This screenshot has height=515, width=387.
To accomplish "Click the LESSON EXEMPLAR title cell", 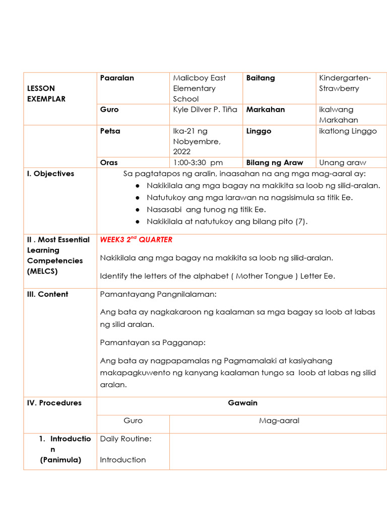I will (x=46, y=94).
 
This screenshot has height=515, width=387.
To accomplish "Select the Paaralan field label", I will (x=117, y=78).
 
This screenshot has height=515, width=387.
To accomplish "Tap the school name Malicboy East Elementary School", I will (x=199, y=89).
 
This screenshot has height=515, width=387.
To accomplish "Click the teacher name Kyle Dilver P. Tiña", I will (x=205, y=110).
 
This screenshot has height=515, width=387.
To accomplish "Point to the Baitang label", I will (x=261, y=78).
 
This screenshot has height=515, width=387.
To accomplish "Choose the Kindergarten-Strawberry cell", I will (x=345, y=83).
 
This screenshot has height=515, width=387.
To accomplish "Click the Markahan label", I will (x=266, y=110).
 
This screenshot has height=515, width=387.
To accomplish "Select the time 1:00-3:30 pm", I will (x=198, y=162).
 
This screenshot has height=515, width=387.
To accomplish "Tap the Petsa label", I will (x=110, y=131).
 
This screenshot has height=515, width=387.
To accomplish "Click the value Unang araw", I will (x=343, y=162).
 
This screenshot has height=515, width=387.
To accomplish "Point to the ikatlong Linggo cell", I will (x=348, y=131).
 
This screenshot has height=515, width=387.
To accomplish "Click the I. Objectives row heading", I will (x=50, y=174).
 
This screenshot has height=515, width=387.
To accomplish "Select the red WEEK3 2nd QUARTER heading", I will (x=136, y=239).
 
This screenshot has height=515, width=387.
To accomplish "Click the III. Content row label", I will (x=47, y=294).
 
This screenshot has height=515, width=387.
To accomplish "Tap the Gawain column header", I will (x=242, y=403).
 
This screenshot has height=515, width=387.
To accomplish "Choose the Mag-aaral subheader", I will (x=279, y=420).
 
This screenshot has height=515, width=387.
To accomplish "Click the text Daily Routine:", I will (x=125, y=439).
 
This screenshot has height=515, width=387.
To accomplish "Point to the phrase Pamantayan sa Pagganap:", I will (x=153, y=342).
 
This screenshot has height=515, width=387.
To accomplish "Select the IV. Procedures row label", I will (x=54, y=403).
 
